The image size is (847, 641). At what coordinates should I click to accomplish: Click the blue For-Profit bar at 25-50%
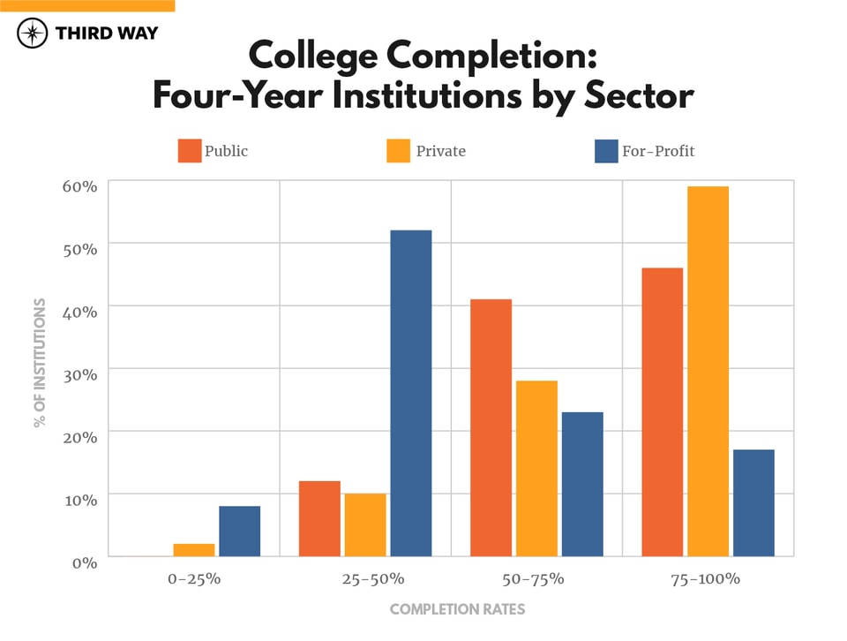[x=411, y=393]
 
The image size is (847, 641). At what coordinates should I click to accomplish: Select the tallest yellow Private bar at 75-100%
[x=708, y=371]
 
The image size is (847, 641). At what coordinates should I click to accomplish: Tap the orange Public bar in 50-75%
[x=491, y=427]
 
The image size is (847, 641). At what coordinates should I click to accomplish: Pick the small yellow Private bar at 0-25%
[x=193, y=550]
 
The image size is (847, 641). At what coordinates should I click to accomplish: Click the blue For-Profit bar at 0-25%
[x=240, y=531]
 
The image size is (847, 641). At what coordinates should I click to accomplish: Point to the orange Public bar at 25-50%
[x=319, y=518]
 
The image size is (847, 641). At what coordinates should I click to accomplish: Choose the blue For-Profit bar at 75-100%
[x=753, y=502]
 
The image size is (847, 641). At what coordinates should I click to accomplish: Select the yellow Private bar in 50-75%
[x=536, y=468]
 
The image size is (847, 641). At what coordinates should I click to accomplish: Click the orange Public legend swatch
[x=190, y=151]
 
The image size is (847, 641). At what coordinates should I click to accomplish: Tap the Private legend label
[x=440, y=151]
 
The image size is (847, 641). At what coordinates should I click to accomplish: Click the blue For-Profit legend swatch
[x=605, y=151]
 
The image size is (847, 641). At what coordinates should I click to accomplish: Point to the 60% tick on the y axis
[x=79, y=186]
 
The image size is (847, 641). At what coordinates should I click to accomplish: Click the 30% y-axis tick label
[x=79, y=373]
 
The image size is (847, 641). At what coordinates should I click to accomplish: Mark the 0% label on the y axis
[x=83, y=562]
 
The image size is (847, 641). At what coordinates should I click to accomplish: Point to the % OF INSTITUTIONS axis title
[x=40, y=362]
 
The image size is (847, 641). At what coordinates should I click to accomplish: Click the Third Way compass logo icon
[x=33, y=34]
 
